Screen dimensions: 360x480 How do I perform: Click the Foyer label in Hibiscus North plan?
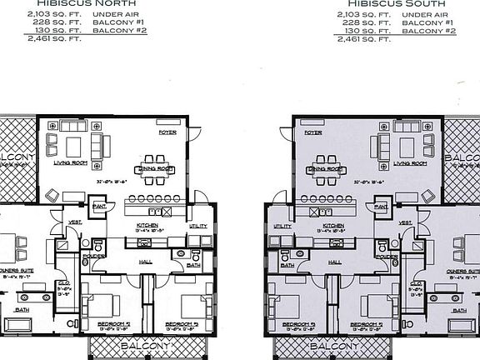(x=168, y=132)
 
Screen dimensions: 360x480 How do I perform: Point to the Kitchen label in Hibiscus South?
(x=333, y=226)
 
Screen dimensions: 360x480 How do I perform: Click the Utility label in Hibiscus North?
(x=197, y=226)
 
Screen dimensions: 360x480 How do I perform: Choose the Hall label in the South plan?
(x=335, y=262)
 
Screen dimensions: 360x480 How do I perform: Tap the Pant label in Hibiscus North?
(x=99, y=206)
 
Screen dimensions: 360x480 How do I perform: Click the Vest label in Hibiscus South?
(x=406, y=222)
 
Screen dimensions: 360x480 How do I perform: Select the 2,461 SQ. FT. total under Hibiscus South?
(x=365, y=38)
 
